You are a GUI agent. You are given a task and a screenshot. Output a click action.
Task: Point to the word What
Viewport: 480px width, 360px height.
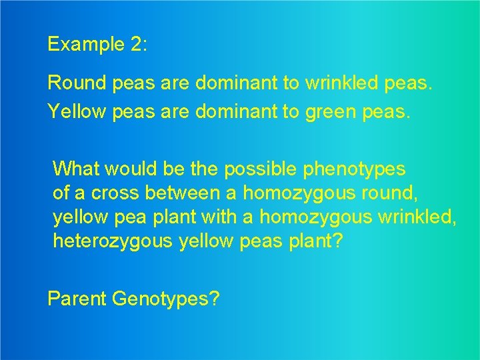pyautogui.click(x=74, y=169)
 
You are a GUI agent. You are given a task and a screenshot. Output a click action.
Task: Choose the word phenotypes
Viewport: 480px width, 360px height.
pyautogui.click(x=355, y=169)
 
